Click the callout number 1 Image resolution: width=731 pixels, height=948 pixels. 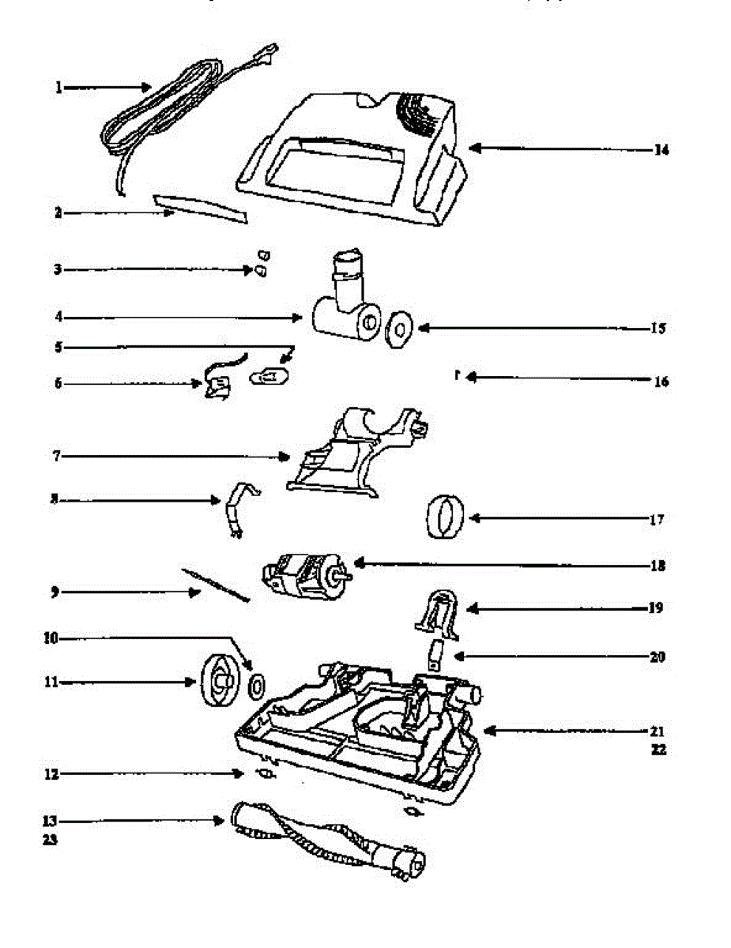point(58,88)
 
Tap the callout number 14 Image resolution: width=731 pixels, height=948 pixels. point(661,149)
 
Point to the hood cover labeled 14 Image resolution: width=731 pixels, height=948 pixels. point(348,158)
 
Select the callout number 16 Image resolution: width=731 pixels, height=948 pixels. point(661,382)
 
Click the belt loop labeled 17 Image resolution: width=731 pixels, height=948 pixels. point(443,517)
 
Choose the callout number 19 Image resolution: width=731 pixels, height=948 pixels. point(657,609)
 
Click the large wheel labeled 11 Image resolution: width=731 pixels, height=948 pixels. point(217,680)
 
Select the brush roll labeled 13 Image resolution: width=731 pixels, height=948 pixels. point(328,843)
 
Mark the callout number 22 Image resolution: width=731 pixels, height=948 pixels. point(658,750)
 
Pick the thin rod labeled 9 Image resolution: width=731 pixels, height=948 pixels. point(213,585)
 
